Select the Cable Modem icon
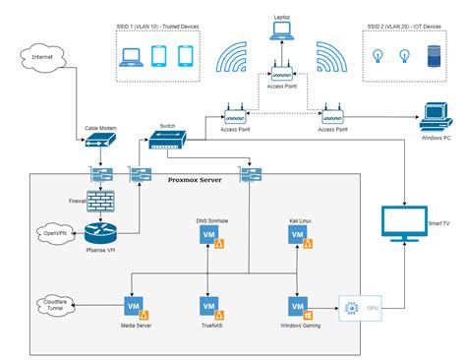click(x=101, y=141)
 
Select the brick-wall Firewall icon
click(x=101, y=201)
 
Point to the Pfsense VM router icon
click(x=101, y=234)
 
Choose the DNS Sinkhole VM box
click(x=208, y=236)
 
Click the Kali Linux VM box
click(x=295, y=236)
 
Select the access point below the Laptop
click(x=282, y=73)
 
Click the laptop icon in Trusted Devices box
click(x=131, y=57)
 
